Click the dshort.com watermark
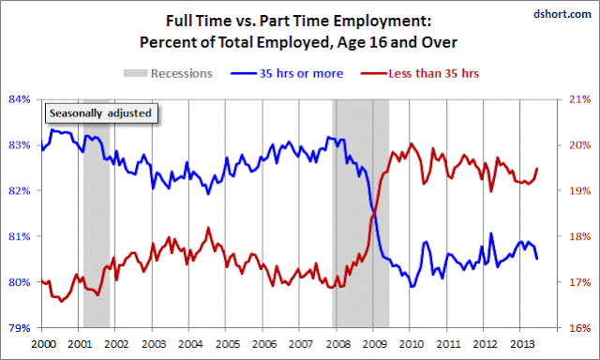[x=562, y=14]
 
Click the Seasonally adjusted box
[x=101, y=113]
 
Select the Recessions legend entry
[x=168, y=73]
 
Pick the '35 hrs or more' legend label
[x=301, y=73]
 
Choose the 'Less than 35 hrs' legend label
[x=433, y=73]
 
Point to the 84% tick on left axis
[x=20, y=99]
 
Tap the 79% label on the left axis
[x=20, y=328]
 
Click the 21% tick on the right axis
[x=580, y=99]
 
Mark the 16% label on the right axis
[x=580, y=328]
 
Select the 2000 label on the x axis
[x=44, y=344]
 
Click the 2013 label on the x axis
[x=522, y=344]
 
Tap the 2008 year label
[x=338, y=344]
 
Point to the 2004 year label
[x=190, y=344]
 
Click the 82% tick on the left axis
[x=20, y=190]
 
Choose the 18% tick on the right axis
[x=580, y=236]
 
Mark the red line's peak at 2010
[x=411, y=143]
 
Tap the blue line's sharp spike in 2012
[x=491, y=233]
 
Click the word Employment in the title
[x=382, y=21]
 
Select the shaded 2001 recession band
[x=97, y=213]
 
